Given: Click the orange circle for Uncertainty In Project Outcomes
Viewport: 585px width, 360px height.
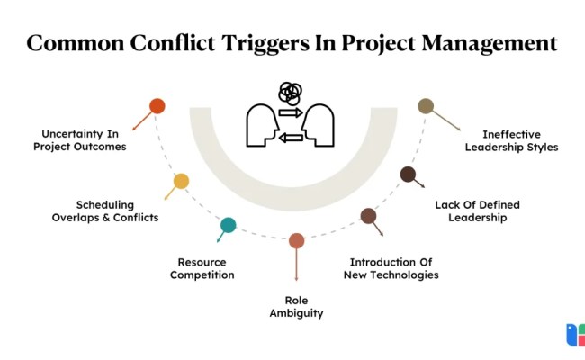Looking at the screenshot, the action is pyautogui.click(x=157, y=106).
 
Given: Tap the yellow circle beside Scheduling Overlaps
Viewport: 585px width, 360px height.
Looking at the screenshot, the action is pyautogui.click(x=181, y=181).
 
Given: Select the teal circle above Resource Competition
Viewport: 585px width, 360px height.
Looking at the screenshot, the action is pyautogui.click(x=229, y=225).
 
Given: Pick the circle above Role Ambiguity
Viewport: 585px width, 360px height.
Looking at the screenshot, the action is pyautogui.click(x=297, y=240).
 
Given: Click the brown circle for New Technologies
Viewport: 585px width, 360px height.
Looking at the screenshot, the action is pyautogui.click(x=368, y=216).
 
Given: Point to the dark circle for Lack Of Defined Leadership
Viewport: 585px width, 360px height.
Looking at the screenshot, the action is pyautogui.click(x=408, y=174).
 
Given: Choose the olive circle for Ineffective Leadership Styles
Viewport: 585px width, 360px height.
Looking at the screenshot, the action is pyautogui.click(x=426, y=106).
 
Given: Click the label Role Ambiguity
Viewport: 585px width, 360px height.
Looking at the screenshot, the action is pyautogui.click(x=296, y=307).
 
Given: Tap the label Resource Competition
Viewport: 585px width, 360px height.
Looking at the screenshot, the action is pyautogui.click(x=202, y=268).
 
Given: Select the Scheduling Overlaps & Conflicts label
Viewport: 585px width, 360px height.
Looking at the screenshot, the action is pyautogui.click(x=105, y=211).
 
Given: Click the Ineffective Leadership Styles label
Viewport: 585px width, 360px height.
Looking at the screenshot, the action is pyautogui.click(x=511, y=140).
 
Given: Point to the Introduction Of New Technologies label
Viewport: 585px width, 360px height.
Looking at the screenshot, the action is pyautogui.click(x=391, y=268).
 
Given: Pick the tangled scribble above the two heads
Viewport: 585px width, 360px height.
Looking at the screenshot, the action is pyautogui.click(x=290, y=92).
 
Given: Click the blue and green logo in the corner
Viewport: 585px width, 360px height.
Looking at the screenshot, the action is pyautogui.click(x=574, y=335).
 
